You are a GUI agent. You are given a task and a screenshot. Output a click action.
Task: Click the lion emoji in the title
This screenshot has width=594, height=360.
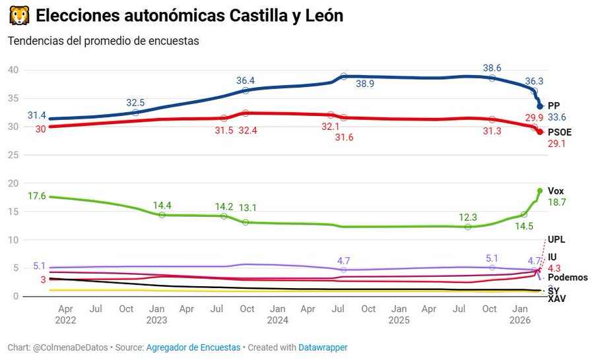point(18,15)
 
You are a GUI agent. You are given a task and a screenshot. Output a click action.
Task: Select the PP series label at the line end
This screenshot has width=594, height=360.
point(554,105)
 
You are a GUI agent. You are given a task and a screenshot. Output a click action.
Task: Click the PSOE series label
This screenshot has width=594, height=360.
point(560,132)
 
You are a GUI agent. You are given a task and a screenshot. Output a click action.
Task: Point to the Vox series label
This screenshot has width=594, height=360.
point(556,191)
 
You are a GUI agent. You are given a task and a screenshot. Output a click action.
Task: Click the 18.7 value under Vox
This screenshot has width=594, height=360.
point(558,203)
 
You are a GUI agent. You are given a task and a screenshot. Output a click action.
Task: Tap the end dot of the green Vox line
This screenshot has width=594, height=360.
point(540,191)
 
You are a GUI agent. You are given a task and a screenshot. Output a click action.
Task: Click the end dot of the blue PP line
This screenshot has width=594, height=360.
point(540,106)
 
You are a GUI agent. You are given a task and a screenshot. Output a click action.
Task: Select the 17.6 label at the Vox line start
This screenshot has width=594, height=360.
point(36,196)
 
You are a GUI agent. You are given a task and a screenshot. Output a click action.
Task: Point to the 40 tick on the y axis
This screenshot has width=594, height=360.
point(13,70)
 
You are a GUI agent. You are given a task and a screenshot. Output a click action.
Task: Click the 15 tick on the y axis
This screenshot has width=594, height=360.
point(13,212)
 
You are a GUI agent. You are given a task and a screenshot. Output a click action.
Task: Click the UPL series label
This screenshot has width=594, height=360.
point(556,239)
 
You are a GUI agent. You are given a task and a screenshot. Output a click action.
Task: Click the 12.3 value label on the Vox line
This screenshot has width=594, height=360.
point(469,217)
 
